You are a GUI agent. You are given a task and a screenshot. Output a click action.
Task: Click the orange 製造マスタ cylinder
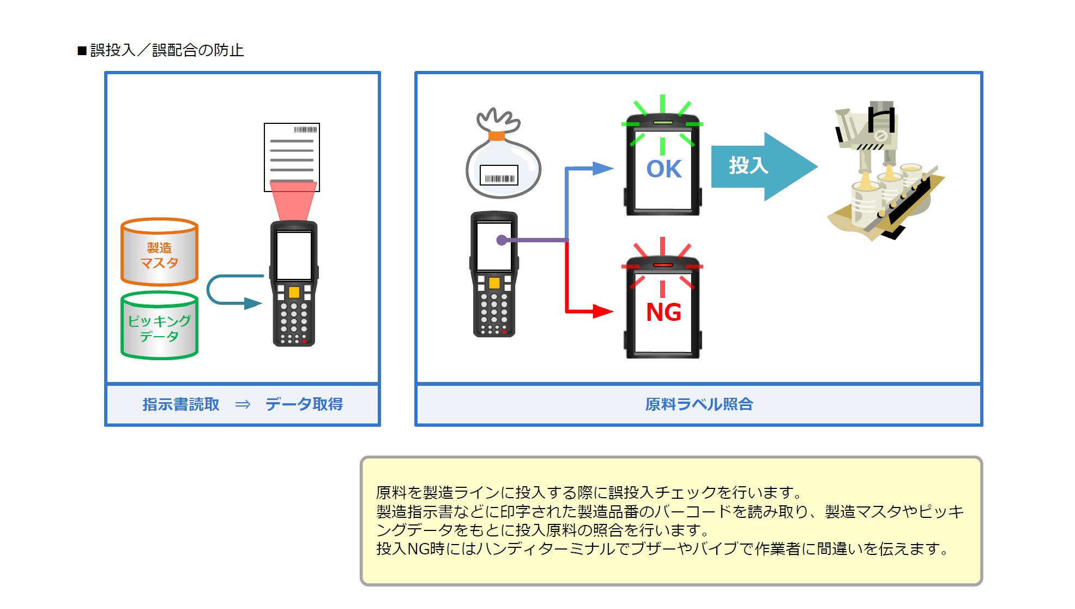click(x=159, y=252)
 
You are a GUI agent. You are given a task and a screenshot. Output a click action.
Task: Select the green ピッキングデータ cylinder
click(x=159, y=325)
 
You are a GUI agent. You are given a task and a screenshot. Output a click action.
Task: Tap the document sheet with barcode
click(x=292, y=157)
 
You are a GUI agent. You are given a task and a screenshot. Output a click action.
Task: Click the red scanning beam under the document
click(x=293, y=201)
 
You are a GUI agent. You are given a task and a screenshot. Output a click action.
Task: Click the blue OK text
click(x=663, y=169)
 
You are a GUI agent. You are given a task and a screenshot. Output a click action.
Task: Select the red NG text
click(x=663, y=312)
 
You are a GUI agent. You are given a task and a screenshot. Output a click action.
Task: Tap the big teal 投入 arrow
click(x=764, y=166)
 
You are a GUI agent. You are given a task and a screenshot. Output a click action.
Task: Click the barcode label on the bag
click(x=499, y=176)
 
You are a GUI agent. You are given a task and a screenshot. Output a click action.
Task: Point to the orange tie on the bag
click(x=497, y=135)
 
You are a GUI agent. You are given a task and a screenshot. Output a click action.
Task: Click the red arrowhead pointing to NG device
click(x=603, y=311)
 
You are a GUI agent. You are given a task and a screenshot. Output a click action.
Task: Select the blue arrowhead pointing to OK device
click(x=603, y=168)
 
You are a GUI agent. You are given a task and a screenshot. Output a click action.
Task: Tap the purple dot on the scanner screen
click(x=502, y=240)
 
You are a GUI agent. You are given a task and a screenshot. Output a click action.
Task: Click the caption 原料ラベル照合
click(x=699, y=404)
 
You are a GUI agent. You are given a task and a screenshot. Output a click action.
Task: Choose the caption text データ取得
click(x=304, y=404)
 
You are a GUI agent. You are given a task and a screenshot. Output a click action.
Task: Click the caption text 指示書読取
click(x=181, y=404)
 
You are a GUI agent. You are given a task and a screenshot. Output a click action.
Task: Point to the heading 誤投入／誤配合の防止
click(x=167, y=50)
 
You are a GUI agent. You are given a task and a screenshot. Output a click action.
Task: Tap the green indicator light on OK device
click(x=663, y=122)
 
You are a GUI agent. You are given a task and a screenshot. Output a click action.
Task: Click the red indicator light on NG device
click(x=663, y=265)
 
